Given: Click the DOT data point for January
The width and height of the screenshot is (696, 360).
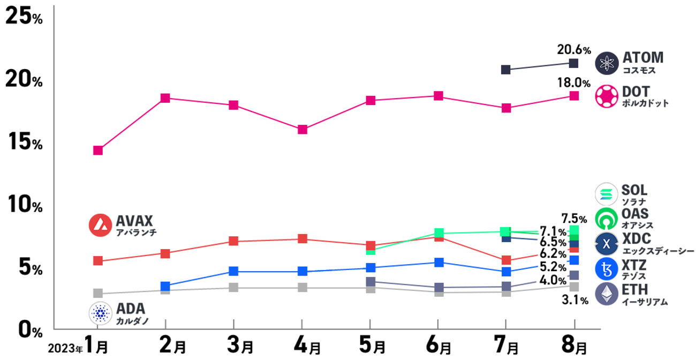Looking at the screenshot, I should coord(98,151).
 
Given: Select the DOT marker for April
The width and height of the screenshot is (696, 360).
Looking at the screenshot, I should coord(302,130).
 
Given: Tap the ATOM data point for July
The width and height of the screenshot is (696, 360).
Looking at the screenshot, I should coord(505,70).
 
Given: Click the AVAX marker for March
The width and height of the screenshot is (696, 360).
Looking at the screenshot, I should coord(233,241).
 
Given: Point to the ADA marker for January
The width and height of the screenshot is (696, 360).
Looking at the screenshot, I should coord(98,293).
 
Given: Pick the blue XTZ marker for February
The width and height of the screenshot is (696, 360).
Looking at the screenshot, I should coord(165,287).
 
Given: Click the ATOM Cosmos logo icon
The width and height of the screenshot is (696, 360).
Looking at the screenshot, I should coord(607,63).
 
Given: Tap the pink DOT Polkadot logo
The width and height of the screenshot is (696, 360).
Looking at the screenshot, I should coord(607,96).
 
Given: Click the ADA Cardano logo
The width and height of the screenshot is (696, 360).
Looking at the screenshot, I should coord(100,313).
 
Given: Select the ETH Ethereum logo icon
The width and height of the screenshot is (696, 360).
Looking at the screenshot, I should coord(607,295).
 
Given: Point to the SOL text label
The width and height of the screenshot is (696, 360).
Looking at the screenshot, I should coord(634,190).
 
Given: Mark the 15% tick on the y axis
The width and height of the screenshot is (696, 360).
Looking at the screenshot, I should coord(24,144).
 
